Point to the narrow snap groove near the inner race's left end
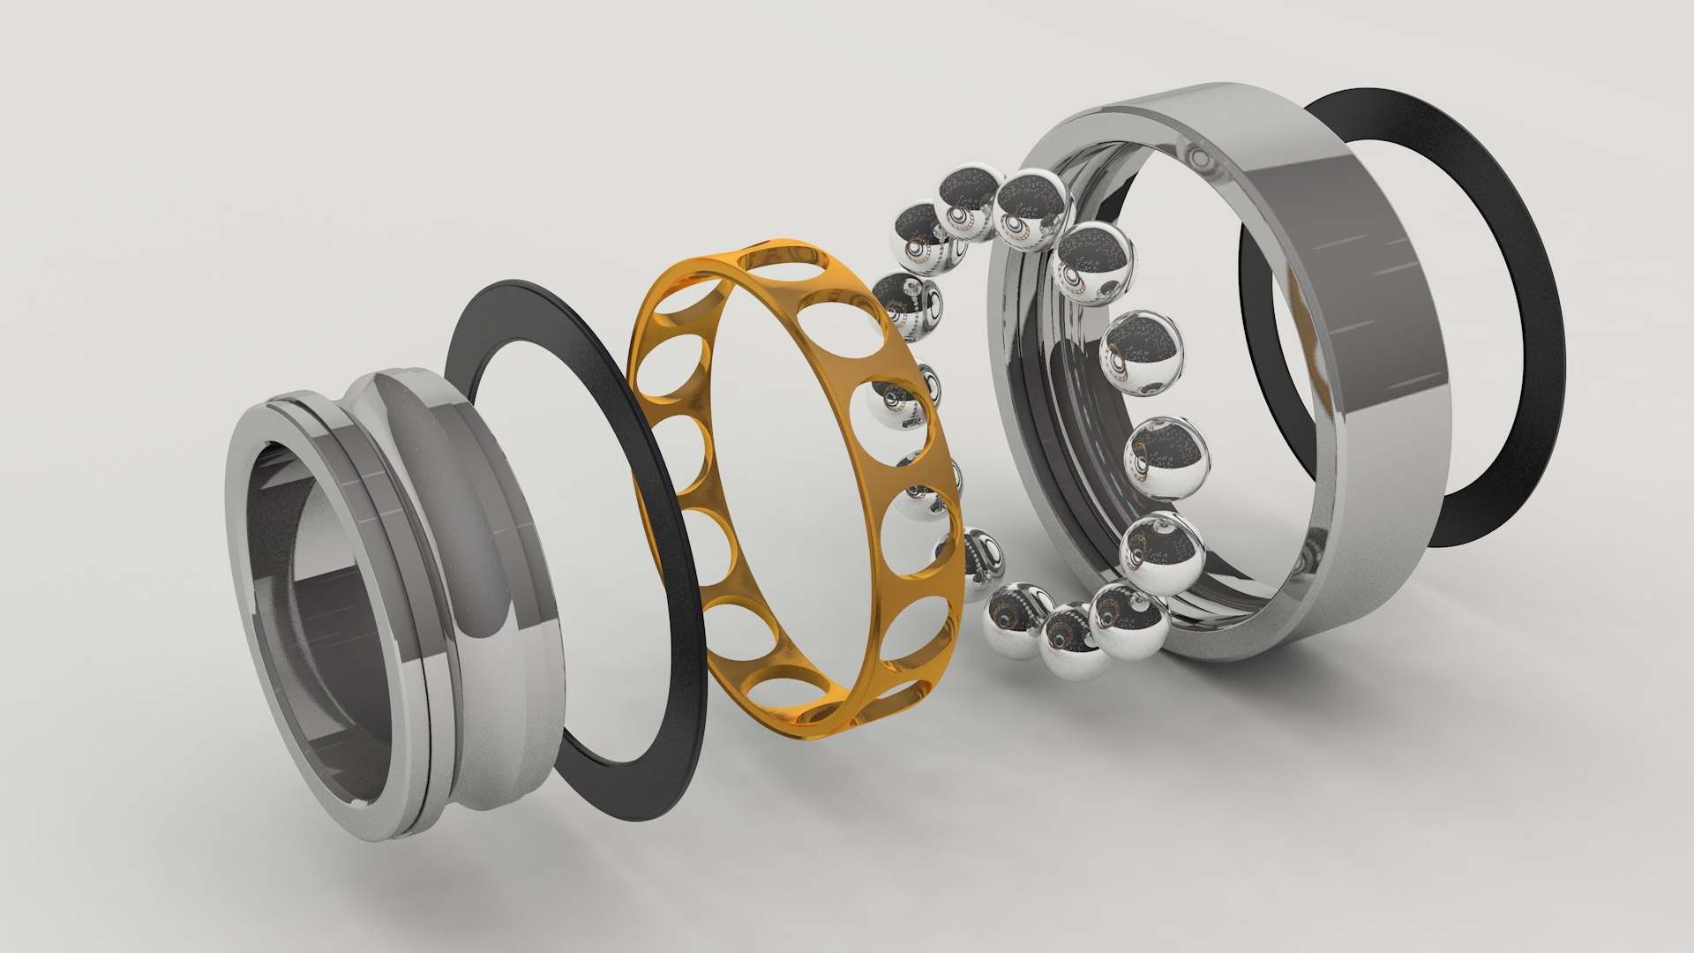(309, 415)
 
